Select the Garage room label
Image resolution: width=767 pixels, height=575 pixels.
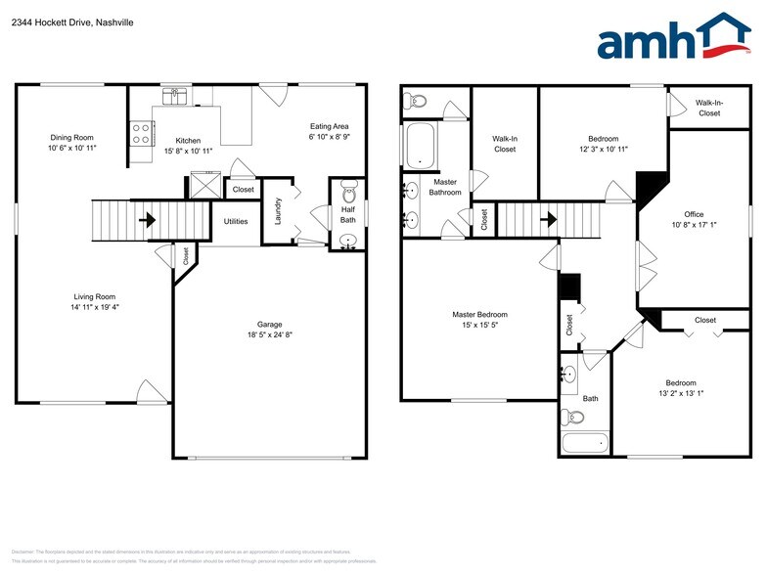pos(269,324)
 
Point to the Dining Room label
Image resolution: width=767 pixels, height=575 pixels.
pos(70,137)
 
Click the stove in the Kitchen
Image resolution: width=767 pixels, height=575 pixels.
pos(141,133)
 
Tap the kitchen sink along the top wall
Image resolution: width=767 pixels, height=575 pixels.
pos(176,95)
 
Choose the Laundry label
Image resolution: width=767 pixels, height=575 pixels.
pos(278,213)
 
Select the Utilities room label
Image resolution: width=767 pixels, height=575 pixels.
pos(236,221)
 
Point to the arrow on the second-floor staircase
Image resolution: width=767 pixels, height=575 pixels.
pos(548,220)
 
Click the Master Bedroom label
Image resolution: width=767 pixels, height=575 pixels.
pos(479,315)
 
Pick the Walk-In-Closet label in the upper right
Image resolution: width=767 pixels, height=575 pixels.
pos(708,108)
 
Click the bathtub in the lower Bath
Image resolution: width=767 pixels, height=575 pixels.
pos(586,444)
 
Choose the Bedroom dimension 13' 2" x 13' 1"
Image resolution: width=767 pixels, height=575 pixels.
pos(681,393)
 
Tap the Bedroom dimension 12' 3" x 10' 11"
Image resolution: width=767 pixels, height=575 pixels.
pos(603,150)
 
